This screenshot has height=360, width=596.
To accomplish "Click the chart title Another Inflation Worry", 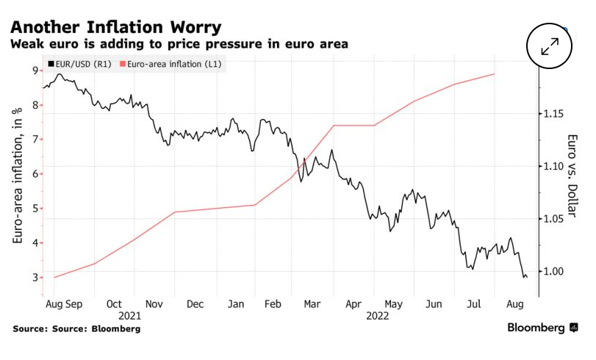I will point(116,27).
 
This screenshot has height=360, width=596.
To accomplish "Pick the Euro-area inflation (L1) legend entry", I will point(173,65).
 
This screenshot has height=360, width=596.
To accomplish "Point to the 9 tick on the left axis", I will point(35,71).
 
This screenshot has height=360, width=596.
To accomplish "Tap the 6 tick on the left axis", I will point(35,174).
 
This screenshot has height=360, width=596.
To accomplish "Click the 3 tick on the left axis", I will point(35,278).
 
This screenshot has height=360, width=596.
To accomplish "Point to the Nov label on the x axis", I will point(154,303).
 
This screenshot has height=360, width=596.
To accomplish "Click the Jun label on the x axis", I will point(434,303).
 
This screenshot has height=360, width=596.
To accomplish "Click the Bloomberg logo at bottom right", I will point(542,328).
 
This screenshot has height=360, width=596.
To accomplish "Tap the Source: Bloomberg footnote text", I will point(76,328).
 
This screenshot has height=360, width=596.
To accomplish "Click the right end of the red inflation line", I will point(495,73).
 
